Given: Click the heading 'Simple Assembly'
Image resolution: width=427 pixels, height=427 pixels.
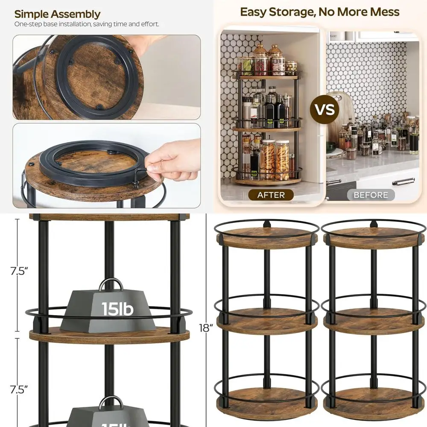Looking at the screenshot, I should [x=57, y=14].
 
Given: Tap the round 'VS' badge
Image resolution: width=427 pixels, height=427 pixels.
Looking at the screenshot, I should [x=325, y=109].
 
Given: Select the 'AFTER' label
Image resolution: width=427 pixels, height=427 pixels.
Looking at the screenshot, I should [x=271, y=195].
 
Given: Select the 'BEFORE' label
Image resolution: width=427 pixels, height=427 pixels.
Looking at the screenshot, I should [x=371, y=195].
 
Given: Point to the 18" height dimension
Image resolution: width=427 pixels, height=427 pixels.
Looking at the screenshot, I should [x=205, y=328].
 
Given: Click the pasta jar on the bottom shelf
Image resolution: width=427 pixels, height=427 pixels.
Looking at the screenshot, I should [x=282, y=160].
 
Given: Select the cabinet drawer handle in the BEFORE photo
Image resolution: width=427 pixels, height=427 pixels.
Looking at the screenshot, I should [x=403, y=181].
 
